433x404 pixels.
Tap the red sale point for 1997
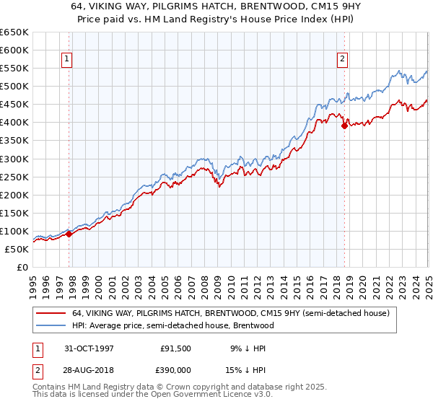[x=69, y=234]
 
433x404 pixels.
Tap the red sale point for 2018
[x=344, y=126]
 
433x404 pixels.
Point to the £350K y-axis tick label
[x=14, y=141]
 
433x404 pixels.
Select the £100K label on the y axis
[x=14, y=231]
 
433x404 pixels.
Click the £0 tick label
[x=23, y=267]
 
